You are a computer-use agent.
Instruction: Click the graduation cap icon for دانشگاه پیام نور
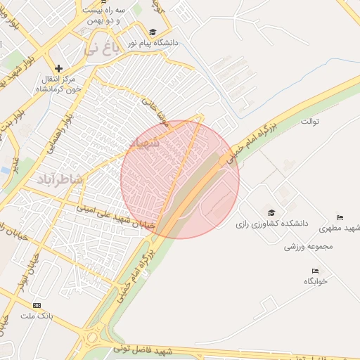tap(153, 32)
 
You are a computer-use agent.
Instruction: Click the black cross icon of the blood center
tap(59, 69)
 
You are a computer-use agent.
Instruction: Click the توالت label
tap(310, 122)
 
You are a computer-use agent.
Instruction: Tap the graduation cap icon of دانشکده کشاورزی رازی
tap(271, 212)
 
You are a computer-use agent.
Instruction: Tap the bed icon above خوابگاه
tap(315, 271)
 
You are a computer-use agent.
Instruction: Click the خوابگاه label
tap(316, 281)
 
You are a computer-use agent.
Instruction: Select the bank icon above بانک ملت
tap(37, 305)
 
